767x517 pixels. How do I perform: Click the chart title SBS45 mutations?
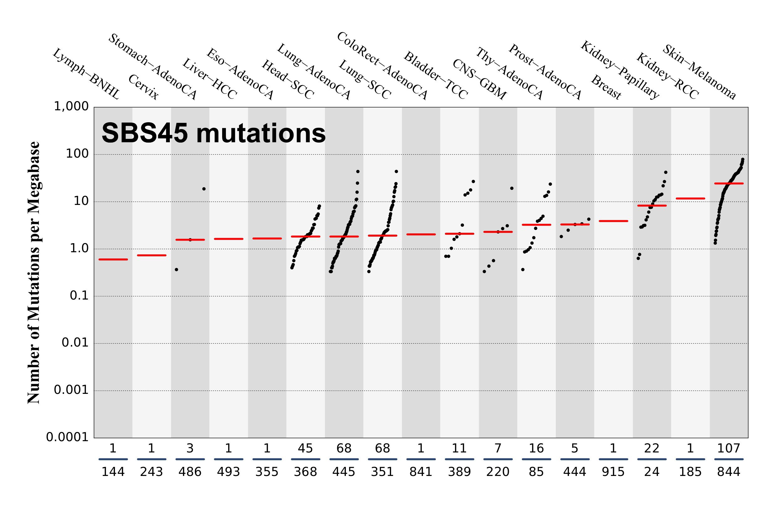[x=214, y=133]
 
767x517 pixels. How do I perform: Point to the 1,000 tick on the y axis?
[x=71, y=107]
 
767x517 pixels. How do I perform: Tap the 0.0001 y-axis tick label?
[x=68, y=437]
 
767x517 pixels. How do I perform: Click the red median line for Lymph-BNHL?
[x=113, y=259]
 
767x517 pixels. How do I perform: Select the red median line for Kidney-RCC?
[x=690, y=198]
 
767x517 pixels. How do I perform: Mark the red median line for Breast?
[x=613, y=221]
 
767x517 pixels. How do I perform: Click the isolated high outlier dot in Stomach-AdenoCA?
[x=204, y=189]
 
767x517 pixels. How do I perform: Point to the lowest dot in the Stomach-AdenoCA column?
[x=176, y=270]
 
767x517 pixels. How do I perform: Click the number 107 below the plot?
[x=728, y=448]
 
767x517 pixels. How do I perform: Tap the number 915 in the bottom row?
[x=613, y=472]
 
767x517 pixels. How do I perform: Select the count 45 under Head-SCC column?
[x=305, y=448]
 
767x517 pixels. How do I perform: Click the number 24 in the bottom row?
[x=652, y=472]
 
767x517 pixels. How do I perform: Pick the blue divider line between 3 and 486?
[x=190, y=459]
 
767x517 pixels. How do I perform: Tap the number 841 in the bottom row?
[x=420, y=472]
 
